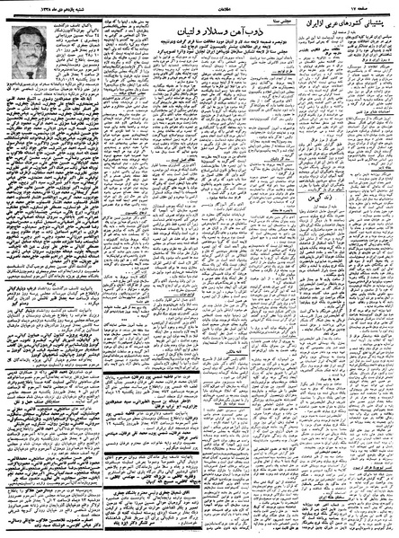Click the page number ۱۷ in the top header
[x=368, y=7]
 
